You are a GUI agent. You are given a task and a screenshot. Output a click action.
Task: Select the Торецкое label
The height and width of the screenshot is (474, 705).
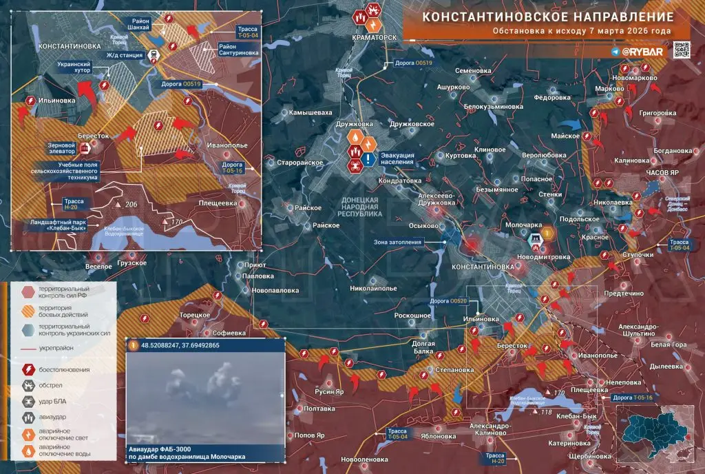tap(195, 315)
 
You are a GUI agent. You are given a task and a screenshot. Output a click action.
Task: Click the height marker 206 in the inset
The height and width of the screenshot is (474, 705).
tap(131, 205)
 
